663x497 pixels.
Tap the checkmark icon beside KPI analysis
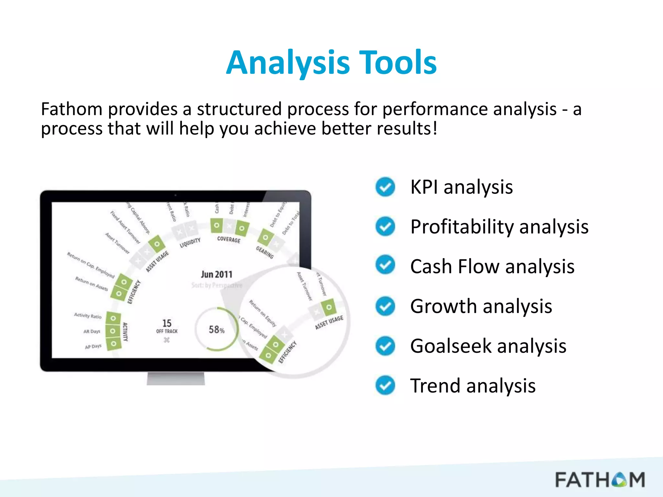[385, 187]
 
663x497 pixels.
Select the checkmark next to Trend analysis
[385, 386]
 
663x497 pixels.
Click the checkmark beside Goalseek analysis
[385, 346]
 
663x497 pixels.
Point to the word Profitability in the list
[462, 227]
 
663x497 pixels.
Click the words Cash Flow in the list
[455, 267]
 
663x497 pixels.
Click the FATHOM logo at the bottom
[600, 480]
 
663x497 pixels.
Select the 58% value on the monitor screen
[217, 330]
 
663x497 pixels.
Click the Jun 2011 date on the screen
[217, 275]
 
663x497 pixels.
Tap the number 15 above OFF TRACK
[167, 323]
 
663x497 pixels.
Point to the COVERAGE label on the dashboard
[229, 239]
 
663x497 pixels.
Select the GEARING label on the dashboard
[265, 252]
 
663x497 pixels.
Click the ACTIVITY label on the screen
[125, 332]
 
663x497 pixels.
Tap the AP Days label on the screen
[93, 347]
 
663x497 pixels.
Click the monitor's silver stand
[176, 378]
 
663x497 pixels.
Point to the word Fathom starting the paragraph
[72, 109]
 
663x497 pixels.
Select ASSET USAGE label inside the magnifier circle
[329, 323]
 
